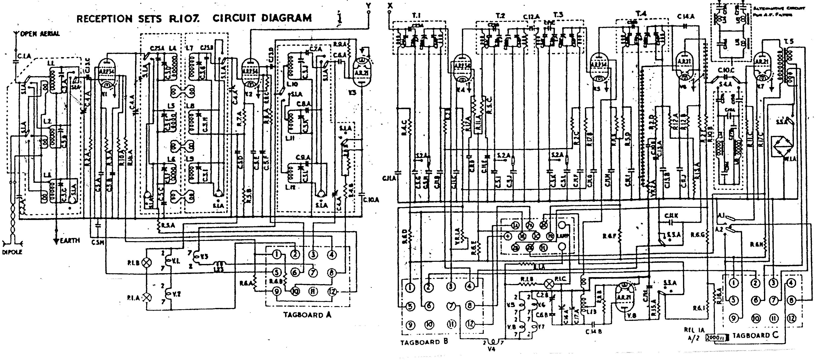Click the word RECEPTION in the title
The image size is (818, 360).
tap(105, 18)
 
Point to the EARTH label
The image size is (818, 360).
tap(70, 240)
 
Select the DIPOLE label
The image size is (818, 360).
tap(12, 252)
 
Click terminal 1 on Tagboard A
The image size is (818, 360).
tap(277, 254)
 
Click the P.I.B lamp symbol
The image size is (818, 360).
tap(148, 263)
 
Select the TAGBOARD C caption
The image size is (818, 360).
tap(755, 335)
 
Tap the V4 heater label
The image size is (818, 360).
tap(493, 349)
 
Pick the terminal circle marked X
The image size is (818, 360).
tap(390, 12)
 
